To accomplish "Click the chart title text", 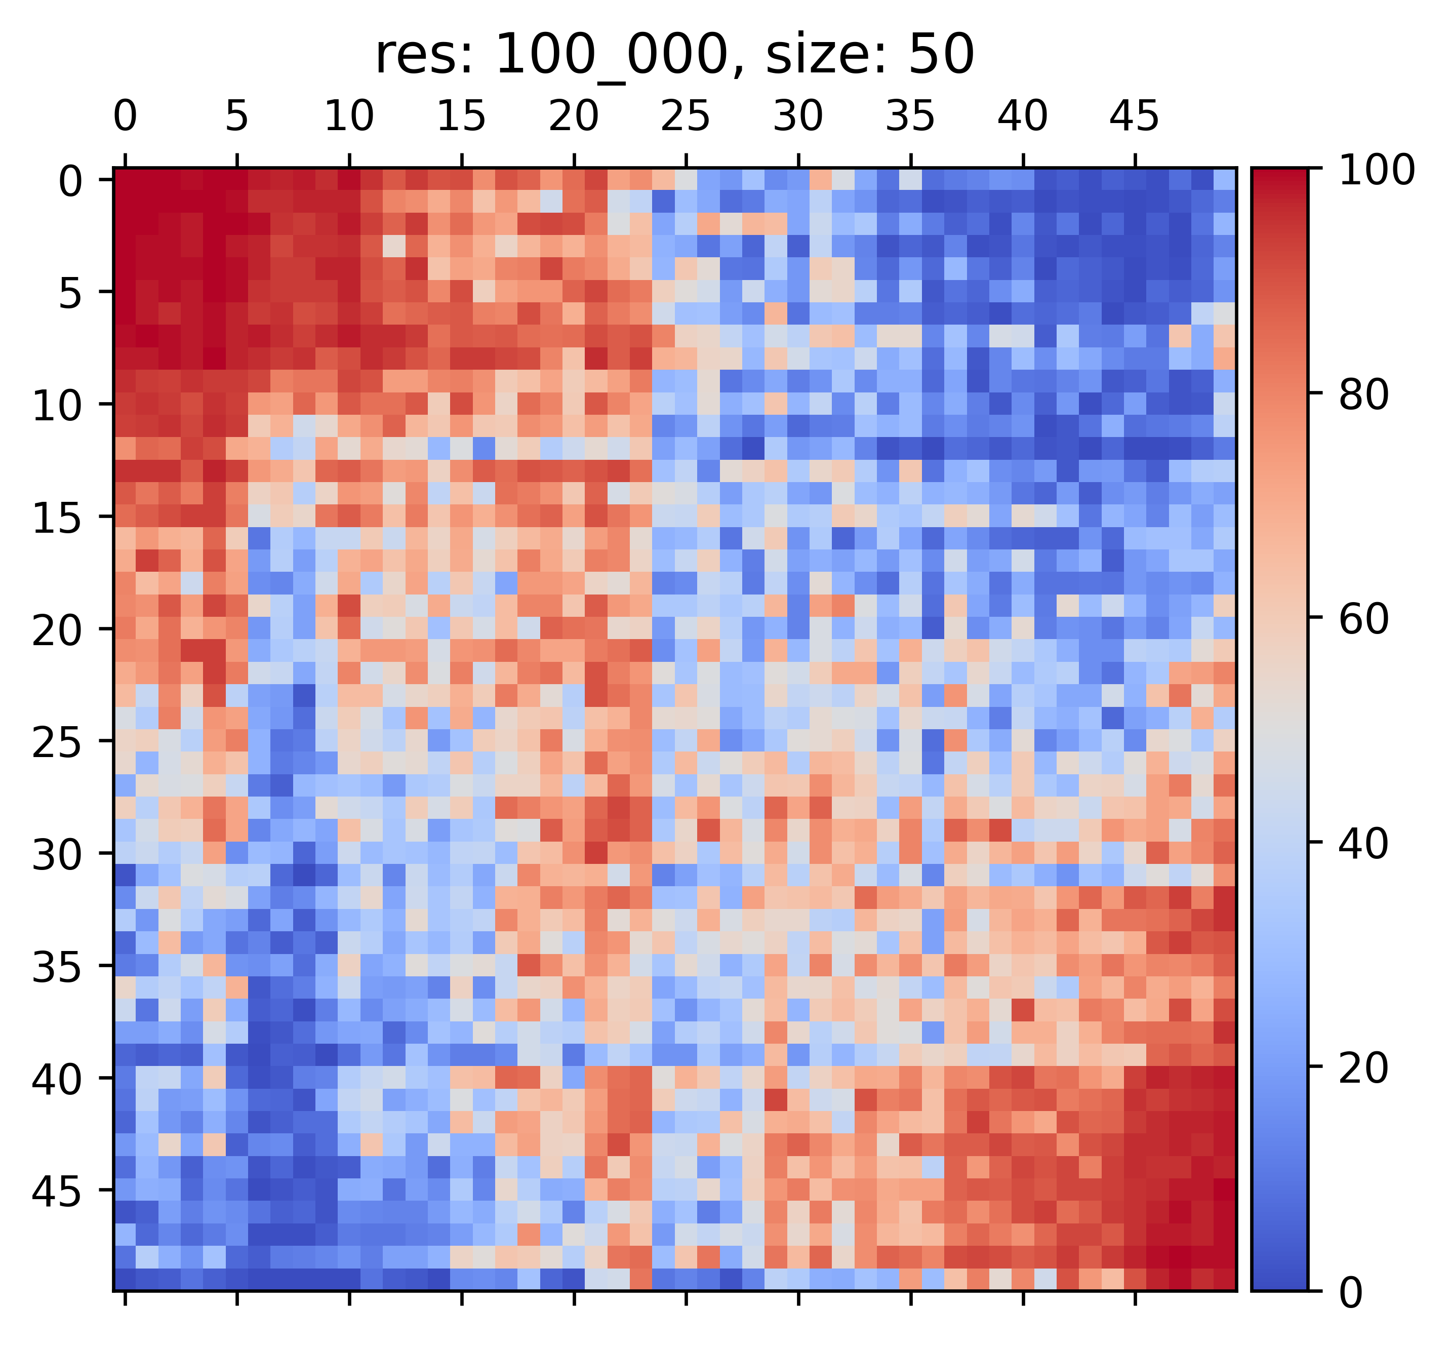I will click(x=674, y=57).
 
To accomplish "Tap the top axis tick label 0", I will click(x=125, y=116).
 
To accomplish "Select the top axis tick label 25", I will click(x=686, y=116).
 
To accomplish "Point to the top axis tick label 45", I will click(x=1134, y=116).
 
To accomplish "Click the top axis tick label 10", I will click(x=349, y=116).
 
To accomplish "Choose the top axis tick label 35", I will click(x=910, y=116).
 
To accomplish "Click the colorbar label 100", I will click(x=1375, y=171).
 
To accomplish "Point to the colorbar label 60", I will click(x=1364, y=620).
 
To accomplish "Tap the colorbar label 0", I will click(x=1353, y=1293).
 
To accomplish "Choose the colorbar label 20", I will click(x=1364, y=1069).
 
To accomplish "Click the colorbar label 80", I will click(x=1364, y=395).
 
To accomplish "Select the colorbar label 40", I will click(x=1364, y=845).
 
